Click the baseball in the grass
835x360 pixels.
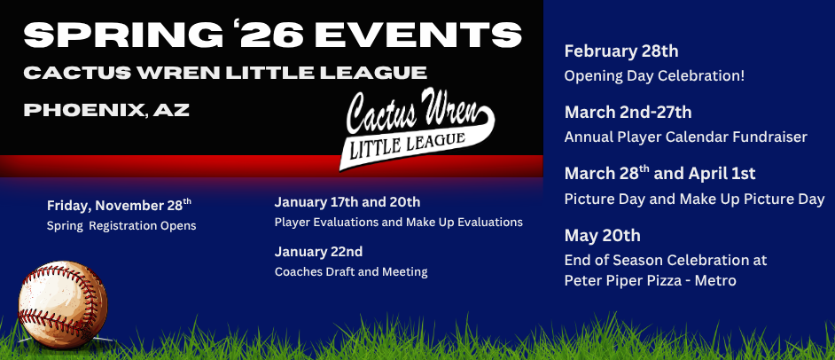point(63,305)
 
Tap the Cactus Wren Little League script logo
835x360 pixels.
point(418,129)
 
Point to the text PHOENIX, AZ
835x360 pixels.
point(106,110)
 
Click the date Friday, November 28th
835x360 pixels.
point(119,205)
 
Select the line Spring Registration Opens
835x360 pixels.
point(121,226)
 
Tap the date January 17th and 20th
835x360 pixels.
point(347,202)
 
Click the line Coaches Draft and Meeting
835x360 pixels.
point(351,271)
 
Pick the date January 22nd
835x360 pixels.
point(318,251)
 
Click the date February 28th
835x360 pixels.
point(620,51)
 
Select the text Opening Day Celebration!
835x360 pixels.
point(654,76)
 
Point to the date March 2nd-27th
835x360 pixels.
point(628,113)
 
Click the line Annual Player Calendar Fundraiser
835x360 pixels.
point(686,137)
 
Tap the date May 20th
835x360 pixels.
point(602,235)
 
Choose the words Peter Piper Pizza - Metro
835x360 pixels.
point(651,281)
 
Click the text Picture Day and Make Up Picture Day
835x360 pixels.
point(694,200)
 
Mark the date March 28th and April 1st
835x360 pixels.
point(659,173)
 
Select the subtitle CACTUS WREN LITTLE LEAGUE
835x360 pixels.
point(225,73)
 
